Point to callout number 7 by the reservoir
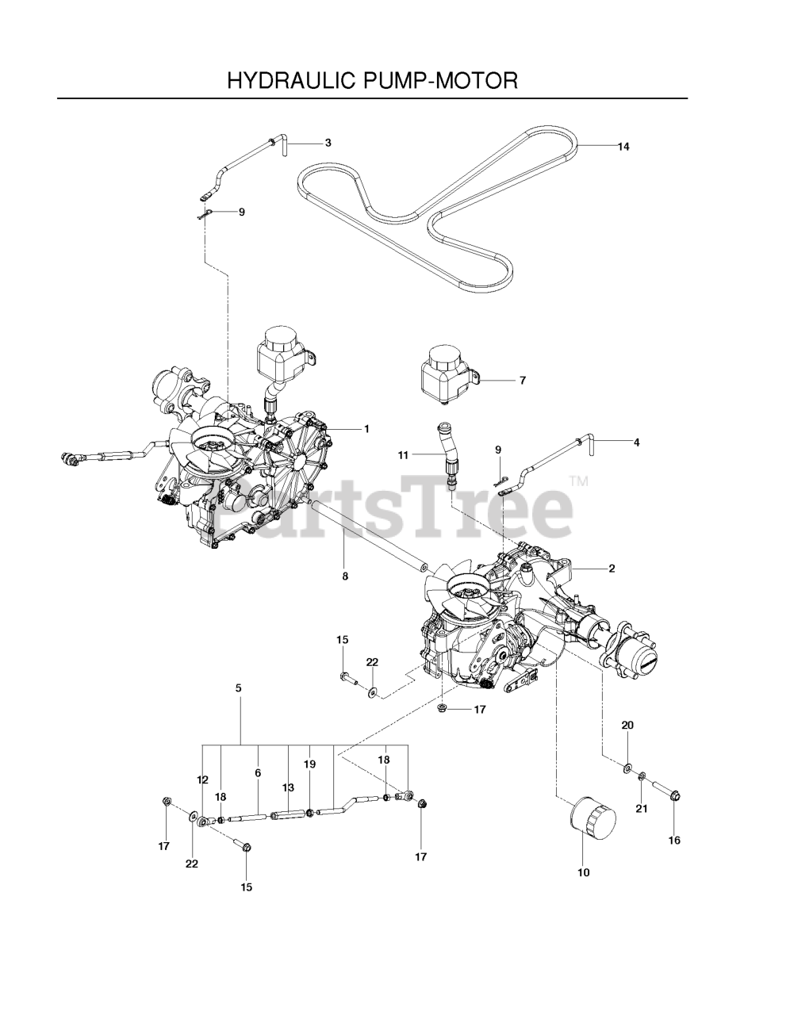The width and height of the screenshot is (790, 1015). [x=522, y=381]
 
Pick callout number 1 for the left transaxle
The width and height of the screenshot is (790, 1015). [x=366, y=429]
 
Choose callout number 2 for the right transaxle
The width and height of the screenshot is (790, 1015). [x=612, y=569]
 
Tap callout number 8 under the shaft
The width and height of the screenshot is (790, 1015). [x=345, y=576]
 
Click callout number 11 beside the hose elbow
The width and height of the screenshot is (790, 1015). [x=403, y=455]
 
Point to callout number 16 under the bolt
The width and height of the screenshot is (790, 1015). [x=674, y=841]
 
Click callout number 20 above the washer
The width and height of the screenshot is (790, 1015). [x=627, y=726]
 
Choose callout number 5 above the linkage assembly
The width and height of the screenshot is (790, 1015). [x=238, y=689]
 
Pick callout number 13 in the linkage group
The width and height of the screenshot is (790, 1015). [x=288, y=787]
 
